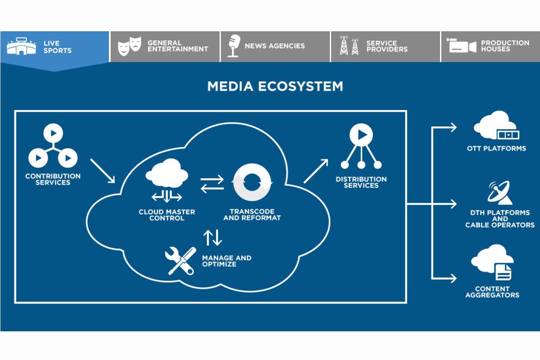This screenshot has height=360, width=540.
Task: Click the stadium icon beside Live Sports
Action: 21,46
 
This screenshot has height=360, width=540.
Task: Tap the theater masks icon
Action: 129,46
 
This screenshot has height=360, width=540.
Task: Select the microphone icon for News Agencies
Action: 234,46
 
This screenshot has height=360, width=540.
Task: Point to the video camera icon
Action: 461,45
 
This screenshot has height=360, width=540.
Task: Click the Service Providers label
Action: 387,46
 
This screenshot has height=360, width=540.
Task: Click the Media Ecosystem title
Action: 275,86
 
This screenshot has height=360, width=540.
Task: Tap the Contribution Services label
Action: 53,179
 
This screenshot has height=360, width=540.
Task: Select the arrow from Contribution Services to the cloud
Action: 103,171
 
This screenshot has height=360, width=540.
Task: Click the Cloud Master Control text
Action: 167,215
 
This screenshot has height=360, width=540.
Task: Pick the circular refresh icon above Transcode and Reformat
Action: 252,182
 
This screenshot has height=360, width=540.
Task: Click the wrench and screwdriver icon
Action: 180,261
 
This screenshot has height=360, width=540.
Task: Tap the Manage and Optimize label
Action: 226,261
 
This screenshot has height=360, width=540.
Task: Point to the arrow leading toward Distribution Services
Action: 316,171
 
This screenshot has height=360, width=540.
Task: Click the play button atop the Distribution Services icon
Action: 361,135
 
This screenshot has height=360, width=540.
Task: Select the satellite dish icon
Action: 500,192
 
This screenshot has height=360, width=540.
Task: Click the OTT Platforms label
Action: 496,148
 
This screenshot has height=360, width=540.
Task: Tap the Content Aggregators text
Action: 492,292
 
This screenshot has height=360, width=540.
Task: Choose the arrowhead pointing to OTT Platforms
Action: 453,127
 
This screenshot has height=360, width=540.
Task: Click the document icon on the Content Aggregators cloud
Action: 503,272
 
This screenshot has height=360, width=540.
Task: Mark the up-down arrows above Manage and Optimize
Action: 212,238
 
